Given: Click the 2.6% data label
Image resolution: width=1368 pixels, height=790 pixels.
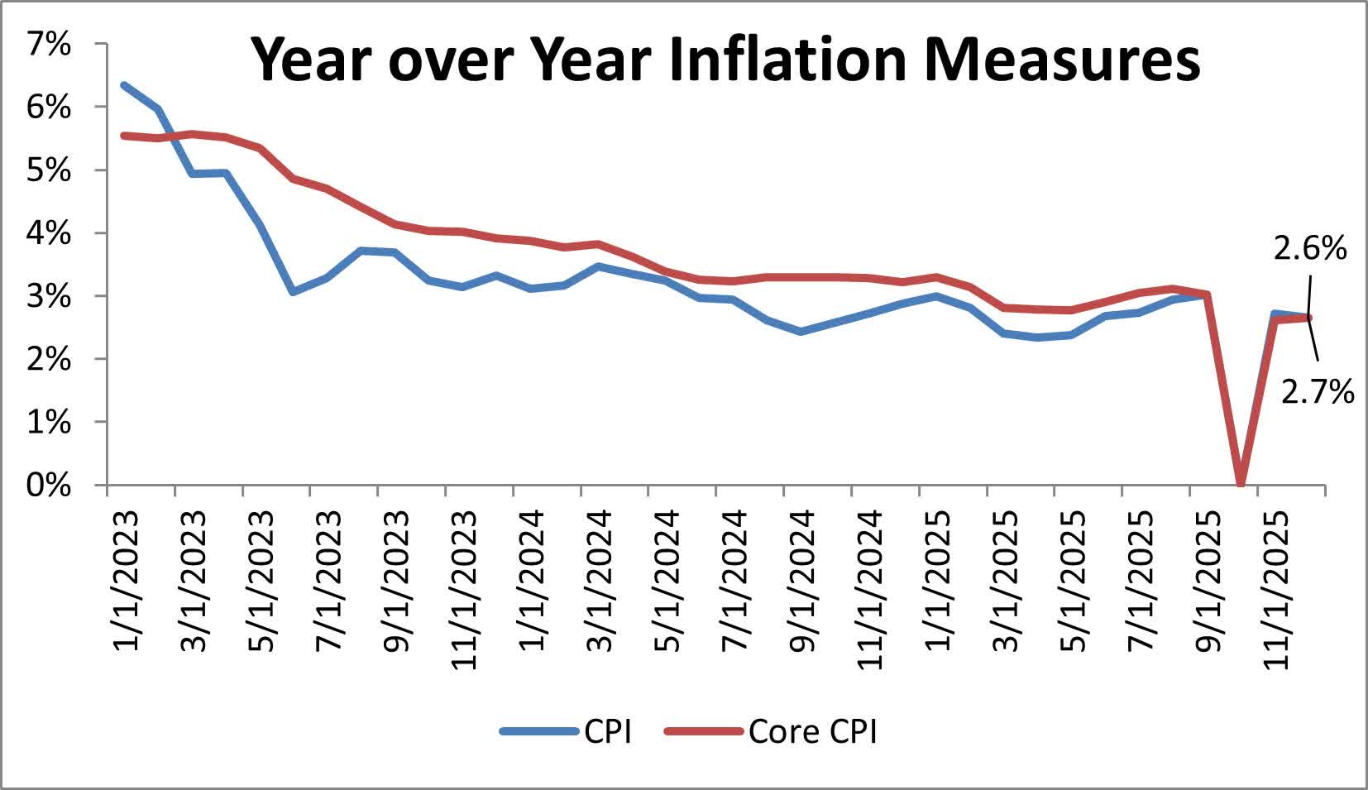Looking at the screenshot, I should tap(1309, 248).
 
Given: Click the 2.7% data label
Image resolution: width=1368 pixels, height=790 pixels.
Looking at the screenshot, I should tap(1318, 391).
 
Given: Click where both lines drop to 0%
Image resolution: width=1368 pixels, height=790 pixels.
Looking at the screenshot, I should tap(1240, 483).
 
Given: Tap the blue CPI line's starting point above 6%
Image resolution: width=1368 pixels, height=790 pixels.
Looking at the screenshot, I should tap(123, 84).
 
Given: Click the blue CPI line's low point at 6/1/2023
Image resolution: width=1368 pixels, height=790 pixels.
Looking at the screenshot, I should tap(293, 292).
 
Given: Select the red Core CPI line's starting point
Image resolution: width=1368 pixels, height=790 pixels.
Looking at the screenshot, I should tap(123, 135).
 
